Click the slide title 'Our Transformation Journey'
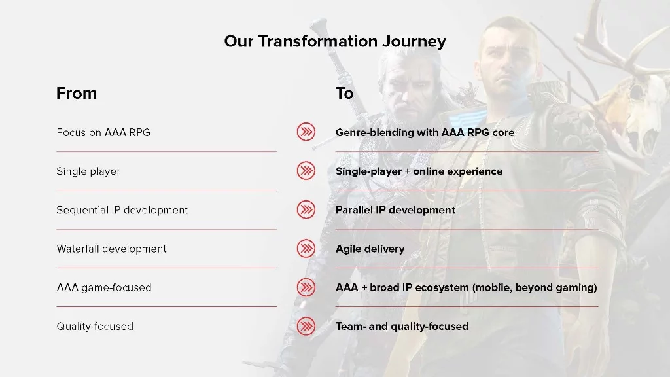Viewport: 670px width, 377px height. [335, 41]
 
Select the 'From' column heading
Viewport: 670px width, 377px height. [77, 93]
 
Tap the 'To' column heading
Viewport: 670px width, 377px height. [344, 93]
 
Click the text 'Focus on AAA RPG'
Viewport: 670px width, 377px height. [103, 132]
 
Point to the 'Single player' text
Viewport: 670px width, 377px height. [88, 171]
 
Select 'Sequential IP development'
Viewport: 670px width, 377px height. [122, 210]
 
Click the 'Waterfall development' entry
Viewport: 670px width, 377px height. [111, 249]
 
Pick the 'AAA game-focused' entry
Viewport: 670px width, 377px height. [104, 288]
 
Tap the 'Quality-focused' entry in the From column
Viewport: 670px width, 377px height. [95, 327]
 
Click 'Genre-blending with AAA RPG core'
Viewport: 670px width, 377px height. [425, 132]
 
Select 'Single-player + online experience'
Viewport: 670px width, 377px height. [419, 171]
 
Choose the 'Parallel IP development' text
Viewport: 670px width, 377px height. [395, 210]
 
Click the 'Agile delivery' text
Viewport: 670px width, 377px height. [370, 249]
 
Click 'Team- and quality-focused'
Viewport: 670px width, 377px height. [402, 327]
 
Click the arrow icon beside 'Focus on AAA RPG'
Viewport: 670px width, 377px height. [306, 132]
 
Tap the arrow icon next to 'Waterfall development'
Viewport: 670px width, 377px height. [306, 248]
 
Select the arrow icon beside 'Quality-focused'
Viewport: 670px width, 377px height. [306, 326]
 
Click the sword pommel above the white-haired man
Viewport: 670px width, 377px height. [319, 26]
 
